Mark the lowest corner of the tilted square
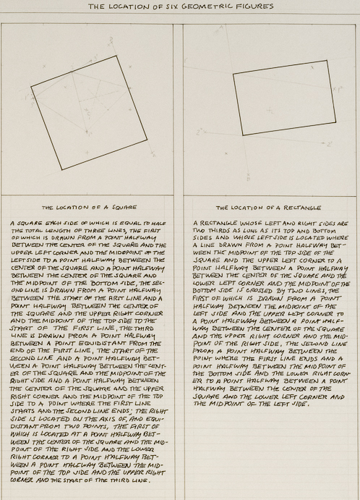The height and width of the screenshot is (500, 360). point(61,170)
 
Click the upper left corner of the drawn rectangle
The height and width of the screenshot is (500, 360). point(234,72)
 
